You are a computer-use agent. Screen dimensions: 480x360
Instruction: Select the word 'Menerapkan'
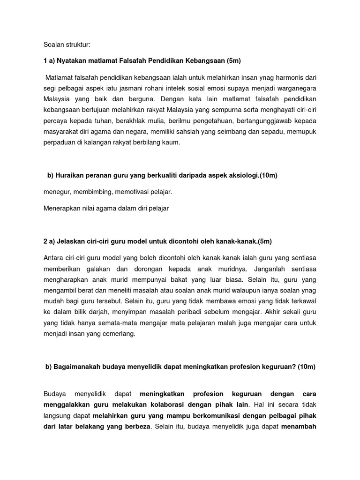coord(61,209)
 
